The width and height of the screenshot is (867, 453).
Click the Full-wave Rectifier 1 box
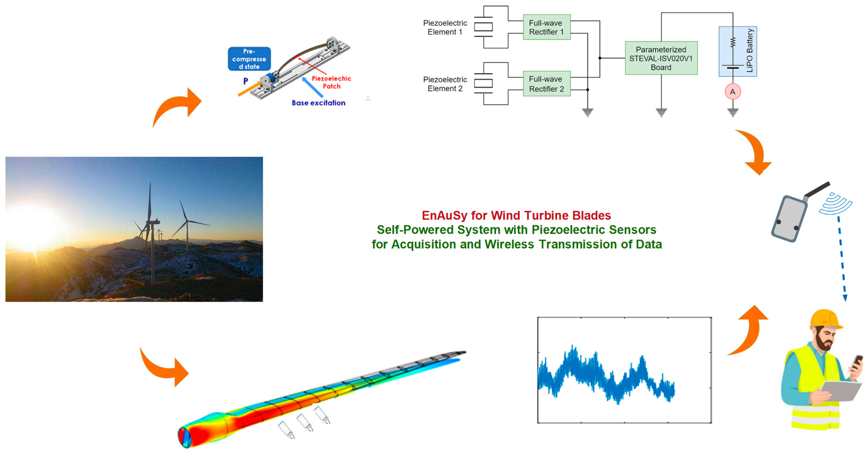tap(547, 27)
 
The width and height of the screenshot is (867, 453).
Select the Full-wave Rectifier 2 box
tap(547, 84)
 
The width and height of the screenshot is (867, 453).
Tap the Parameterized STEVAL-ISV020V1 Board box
tap(661, 58)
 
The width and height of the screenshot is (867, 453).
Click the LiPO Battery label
tap(749, 51)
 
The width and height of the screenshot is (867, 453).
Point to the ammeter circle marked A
tap(733, 92)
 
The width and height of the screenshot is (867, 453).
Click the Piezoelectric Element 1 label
tap(445, 27)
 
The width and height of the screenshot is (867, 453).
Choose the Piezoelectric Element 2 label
tap(445, 84)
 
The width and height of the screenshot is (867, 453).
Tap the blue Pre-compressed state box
tap(249, 59)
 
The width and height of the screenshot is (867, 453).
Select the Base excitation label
tap(318, 103)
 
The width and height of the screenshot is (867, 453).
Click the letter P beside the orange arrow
tap(246, 81)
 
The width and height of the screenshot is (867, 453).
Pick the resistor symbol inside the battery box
tap(733, 42)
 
